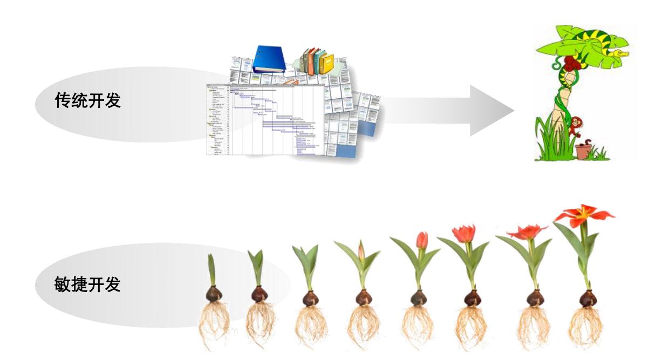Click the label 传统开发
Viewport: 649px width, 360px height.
[88, 100]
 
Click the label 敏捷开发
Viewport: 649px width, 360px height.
[87, 284]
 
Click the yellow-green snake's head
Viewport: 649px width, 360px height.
[620, 53]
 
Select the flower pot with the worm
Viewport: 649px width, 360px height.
[584, 151]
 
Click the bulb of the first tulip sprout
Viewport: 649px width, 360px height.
[214, 295]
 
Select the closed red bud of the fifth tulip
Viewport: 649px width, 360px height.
[422, 240]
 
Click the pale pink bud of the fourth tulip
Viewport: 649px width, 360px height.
[361, 252]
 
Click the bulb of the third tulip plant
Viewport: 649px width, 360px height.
[310, 298]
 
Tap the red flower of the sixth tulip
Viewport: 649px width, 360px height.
[463, 234]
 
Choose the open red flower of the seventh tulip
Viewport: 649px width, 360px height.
[527, 232]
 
